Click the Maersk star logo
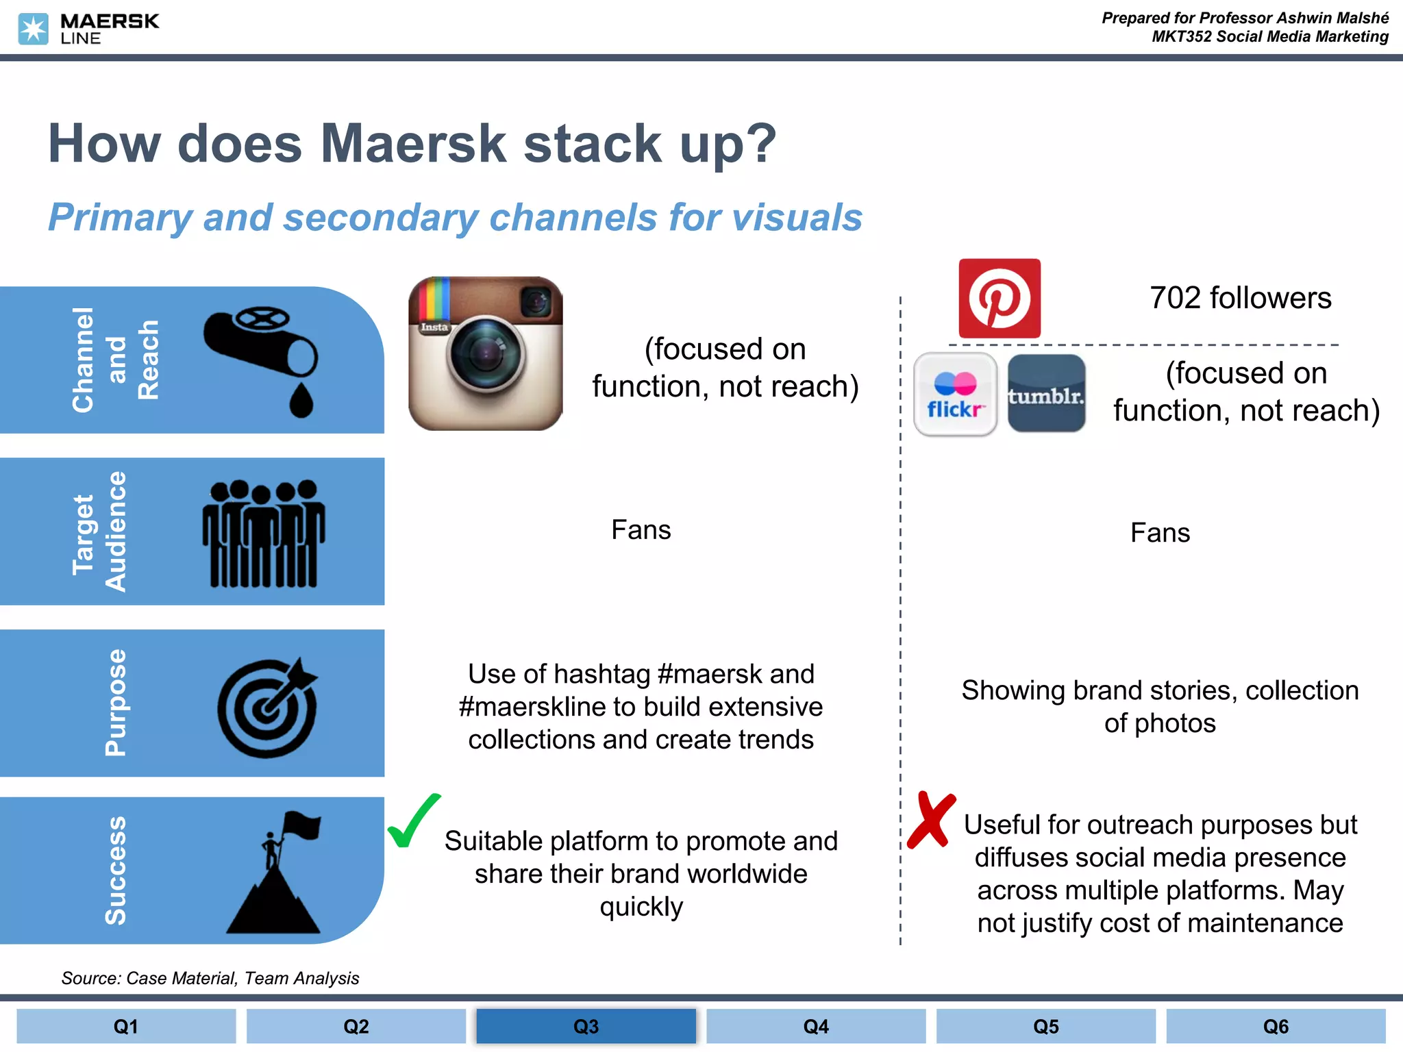tap(33, 29)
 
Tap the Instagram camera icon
tap(486, 353)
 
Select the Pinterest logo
tap(1000, 299)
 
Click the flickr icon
tap(955, 394)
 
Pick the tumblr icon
tap(1046, 394)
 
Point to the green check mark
tap(413, 821)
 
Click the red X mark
tap(930, 820)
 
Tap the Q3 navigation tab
tap(586, 1026)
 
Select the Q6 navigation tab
tap(1276, 1026)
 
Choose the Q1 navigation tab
tap(126, 1026)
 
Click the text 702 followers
tap(1240, 298)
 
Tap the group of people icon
tap(263, 533)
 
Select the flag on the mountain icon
tap(275, 873)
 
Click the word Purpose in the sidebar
tap(115, 703)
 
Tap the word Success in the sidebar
tap(115, 871)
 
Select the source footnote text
tap(210, 978)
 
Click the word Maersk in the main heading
tap(413, 143)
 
